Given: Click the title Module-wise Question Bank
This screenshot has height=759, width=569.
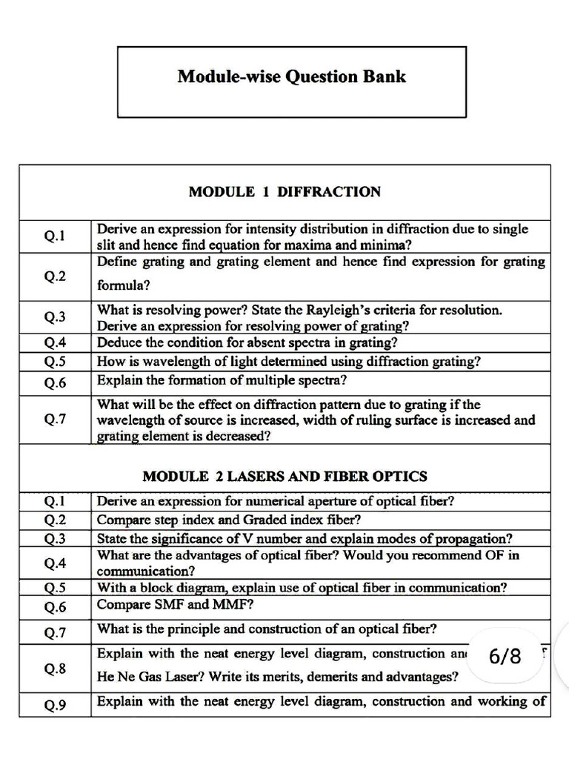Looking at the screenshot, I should [x=291, y=77].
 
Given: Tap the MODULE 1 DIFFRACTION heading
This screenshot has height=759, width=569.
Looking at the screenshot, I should [x=284, y=192].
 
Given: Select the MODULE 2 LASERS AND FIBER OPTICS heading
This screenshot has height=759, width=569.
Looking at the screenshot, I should [x=284, y=475].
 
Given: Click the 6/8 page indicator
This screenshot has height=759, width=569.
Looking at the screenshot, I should [x=505, y=656].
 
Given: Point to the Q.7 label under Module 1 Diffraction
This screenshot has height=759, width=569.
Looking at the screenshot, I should [x=55, y=419].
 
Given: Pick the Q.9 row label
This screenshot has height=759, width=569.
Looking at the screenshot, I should [x=55, y=705].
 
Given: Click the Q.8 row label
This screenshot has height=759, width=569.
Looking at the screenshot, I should [x=55, y=668].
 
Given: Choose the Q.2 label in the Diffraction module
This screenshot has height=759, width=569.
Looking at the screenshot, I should [x=55, y=276].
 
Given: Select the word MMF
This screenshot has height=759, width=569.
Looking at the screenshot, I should [x=227, y=605].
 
